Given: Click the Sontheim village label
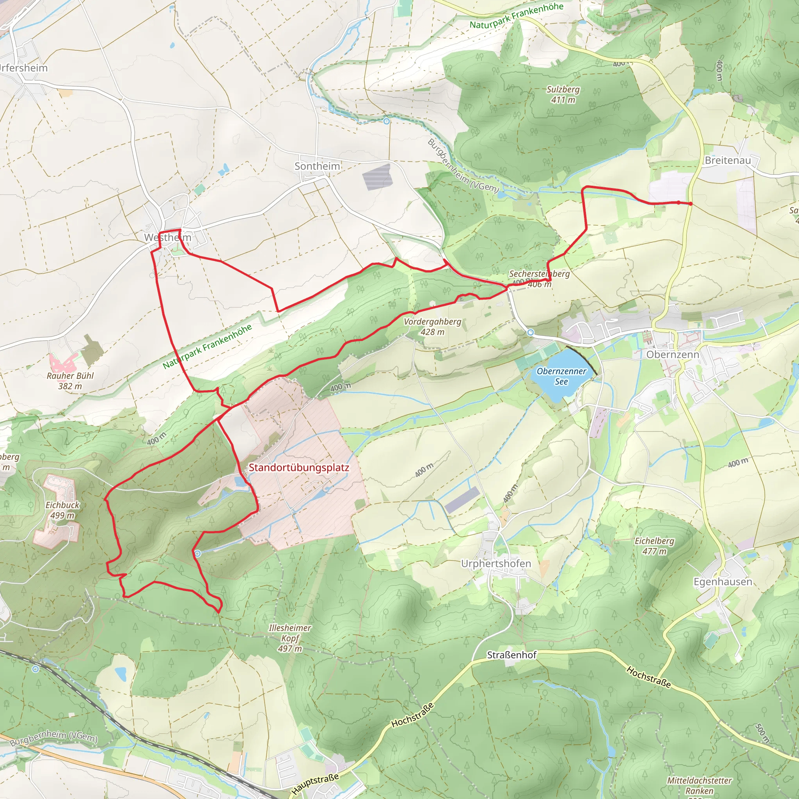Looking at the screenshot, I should point(317,166).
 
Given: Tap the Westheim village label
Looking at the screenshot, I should point(168,237).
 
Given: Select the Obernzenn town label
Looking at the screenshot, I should point(673,354).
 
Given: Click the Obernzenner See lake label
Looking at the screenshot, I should point(561,376).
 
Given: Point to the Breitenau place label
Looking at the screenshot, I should point(728,160).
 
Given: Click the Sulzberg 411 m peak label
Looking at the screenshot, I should point(563,94).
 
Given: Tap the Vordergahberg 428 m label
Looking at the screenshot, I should point(432,327).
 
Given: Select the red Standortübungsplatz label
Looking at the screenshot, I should point(298,468).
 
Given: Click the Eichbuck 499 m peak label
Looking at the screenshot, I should point(62,510).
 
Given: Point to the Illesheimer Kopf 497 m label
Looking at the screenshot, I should point(289,638).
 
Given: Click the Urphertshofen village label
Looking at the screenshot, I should point(496,564).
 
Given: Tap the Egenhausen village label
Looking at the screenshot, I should point(723,581).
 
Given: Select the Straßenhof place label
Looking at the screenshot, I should point(511,655).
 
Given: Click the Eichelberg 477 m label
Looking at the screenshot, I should point(654,546).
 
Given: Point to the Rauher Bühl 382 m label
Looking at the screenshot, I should point(70,381).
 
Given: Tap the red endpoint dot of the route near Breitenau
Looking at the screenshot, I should point(691,204).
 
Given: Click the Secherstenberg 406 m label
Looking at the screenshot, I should point(539,278).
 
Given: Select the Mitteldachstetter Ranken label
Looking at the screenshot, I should point(699,785).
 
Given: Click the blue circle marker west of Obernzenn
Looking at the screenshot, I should point(531,332).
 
